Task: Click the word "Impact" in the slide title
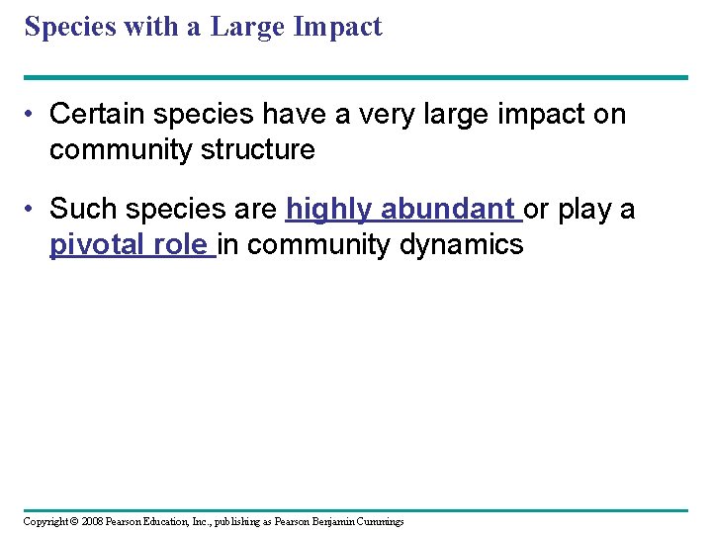pos(337,27)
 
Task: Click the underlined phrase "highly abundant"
pos(400,209)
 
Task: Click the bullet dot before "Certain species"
pos(33,115)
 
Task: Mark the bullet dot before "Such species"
pos(33,210)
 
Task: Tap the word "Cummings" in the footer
pos(378,521)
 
